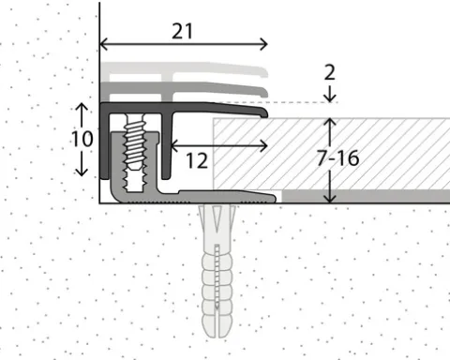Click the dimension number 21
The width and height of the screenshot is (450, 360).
[182, 32]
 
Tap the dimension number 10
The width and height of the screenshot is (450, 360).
[82, 139]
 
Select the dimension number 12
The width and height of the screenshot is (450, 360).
[197, 161]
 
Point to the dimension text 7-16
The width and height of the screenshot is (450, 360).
[337, 157]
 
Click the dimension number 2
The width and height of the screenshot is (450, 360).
[330, 72]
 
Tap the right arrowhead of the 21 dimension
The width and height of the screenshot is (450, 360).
[263, 44]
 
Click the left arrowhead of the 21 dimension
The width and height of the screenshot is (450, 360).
[104, 44]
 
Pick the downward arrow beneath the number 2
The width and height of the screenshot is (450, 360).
[330, 94]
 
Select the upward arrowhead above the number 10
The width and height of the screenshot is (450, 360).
[82, 107]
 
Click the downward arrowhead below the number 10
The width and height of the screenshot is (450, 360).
[82, 172]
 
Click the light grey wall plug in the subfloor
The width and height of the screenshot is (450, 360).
[217, 271]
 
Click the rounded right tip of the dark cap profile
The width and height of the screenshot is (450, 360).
[266, 113]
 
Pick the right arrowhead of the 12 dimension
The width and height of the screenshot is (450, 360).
[264, 145]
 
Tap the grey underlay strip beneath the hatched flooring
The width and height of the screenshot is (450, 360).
[366, 196]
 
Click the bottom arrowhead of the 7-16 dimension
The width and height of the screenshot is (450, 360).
[330, 199]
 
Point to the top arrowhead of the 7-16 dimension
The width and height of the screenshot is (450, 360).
[330, 123]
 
